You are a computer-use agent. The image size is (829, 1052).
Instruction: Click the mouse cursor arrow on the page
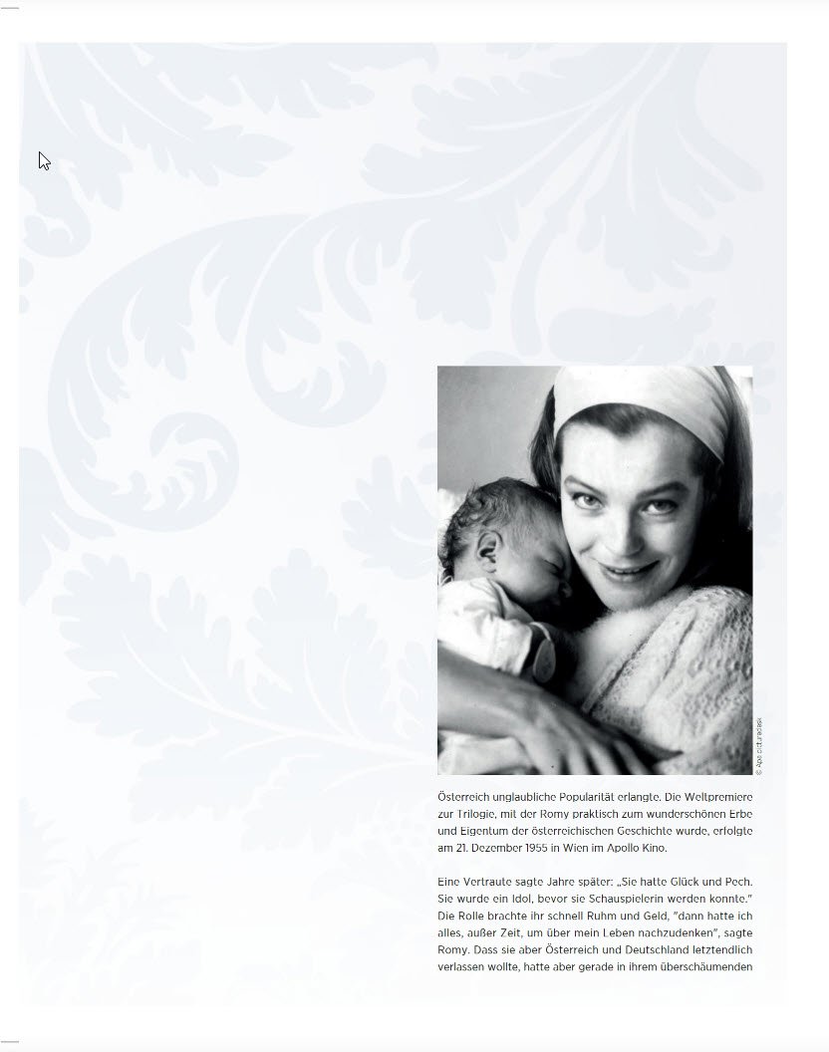coord(44,160)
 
